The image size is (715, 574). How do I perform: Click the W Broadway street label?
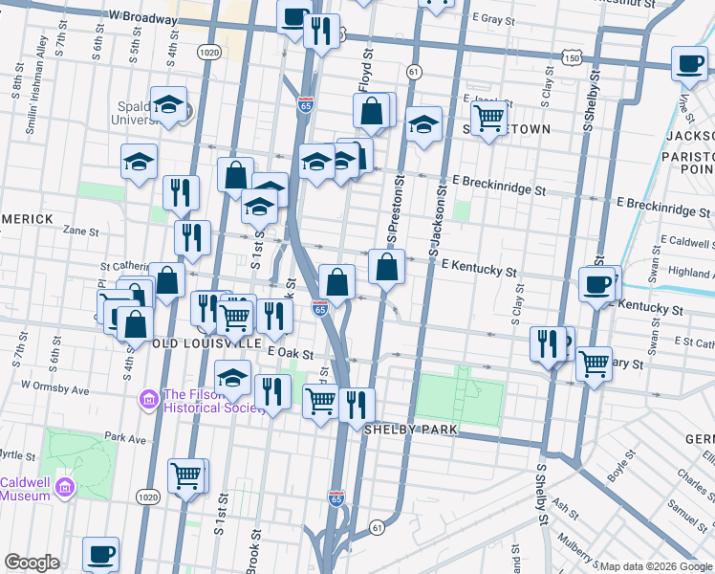(143, 17)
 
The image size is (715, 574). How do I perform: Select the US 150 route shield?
(571, 58)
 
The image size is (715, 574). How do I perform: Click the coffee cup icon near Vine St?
(689, 64)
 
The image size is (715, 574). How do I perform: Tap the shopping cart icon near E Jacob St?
(488, 119)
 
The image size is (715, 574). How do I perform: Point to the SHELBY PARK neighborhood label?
(411, 430)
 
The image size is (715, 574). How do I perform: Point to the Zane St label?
(80, 231)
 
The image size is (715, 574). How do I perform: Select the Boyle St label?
(622, 467)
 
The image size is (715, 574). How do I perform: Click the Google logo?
(32, 563)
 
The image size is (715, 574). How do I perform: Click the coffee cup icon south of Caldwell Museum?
(100, 554)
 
